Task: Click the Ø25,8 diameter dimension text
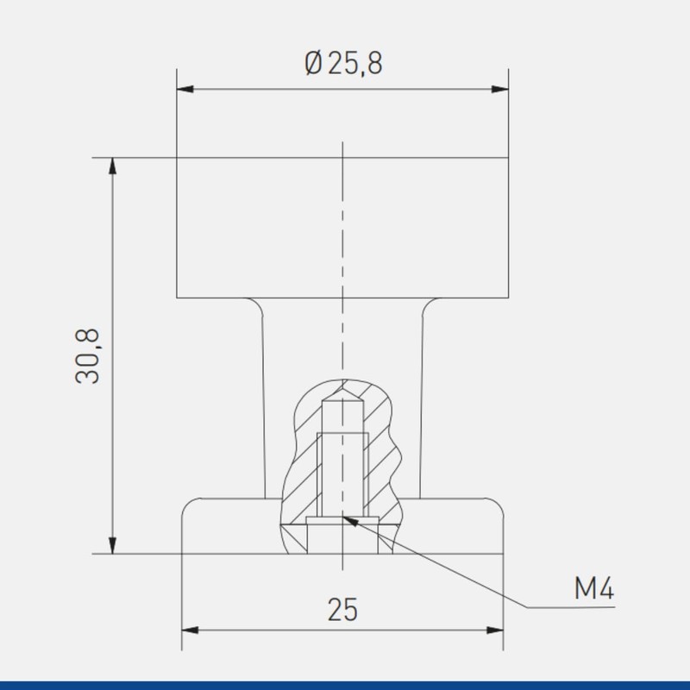343,64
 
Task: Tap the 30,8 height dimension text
88,356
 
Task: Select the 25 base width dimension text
342,610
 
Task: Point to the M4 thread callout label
594,588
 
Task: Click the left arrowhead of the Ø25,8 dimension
185,90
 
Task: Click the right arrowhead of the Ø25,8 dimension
500,90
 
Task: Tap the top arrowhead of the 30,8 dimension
113,166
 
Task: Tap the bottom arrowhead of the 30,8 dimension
113,545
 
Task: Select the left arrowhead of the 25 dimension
190,630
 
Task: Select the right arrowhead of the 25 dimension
494,630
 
